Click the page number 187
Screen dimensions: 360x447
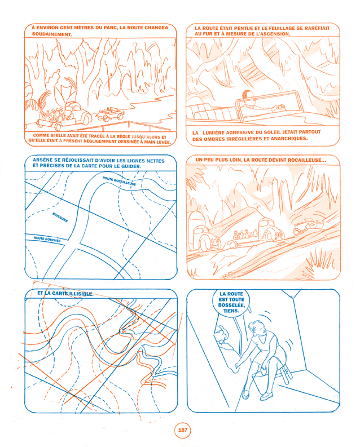point(182,430)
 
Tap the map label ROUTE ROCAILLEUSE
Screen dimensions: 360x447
point(119,181)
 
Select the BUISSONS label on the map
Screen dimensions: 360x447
point(60,217)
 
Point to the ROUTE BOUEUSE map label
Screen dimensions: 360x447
point(47,240)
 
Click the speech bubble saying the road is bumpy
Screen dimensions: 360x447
point(231,302)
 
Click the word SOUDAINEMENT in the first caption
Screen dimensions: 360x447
point(52,34)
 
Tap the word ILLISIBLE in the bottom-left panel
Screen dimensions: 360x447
point(81,294)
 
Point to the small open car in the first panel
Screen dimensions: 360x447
point(110,114)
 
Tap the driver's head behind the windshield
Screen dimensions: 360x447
point(247,95)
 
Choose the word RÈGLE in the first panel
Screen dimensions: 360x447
point(124,136)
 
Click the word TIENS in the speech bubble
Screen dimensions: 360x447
point(231,311)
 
